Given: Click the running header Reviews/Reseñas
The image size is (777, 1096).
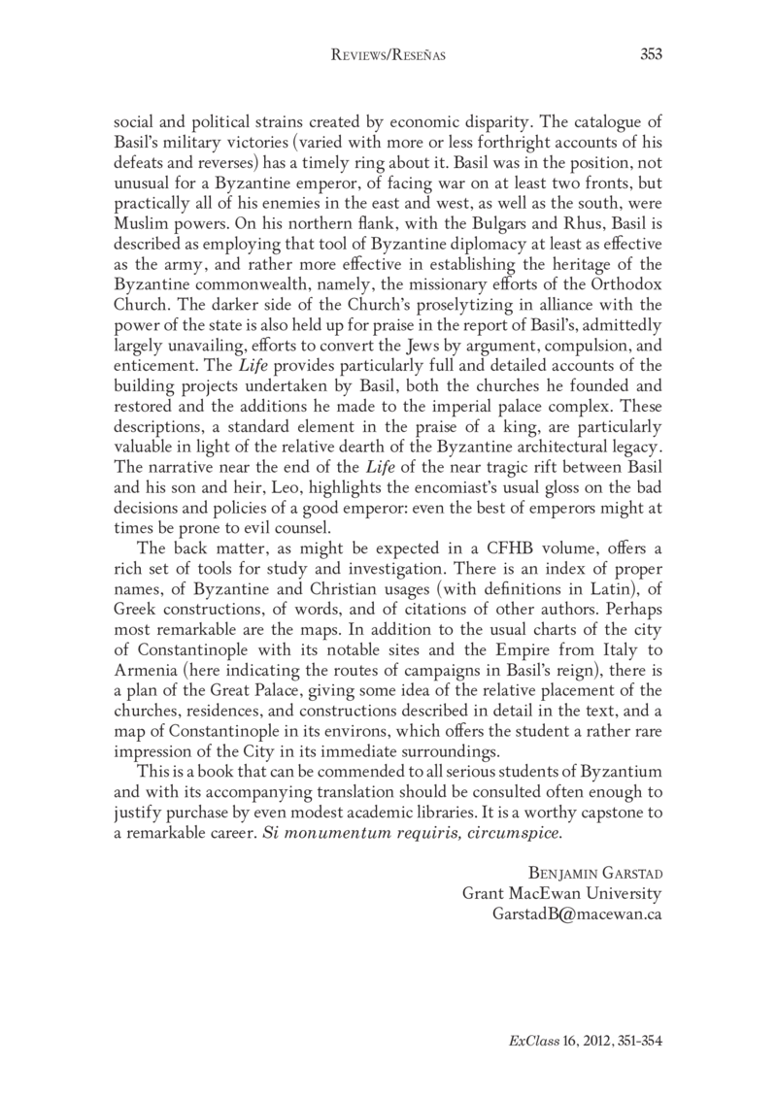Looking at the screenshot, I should click(x=388, y=56).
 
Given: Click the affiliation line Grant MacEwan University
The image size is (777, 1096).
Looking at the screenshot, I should click(x=561, y=893).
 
